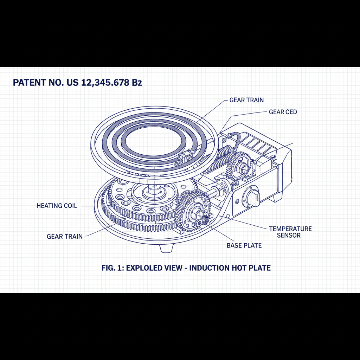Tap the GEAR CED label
click(x=283, y=112)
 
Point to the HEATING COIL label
click(x=57, y=206)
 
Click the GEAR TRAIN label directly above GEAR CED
click(x=246, y=100)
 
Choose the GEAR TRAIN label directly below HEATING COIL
click(x=65, y=236)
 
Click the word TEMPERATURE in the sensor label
click(x=290, y=229)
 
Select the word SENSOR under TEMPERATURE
click(x=289, y=235)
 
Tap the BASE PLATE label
click(x=244, y=245)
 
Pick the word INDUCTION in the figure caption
click(x=210, y=268)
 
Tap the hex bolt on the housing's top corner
click(x=273, y=157)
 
